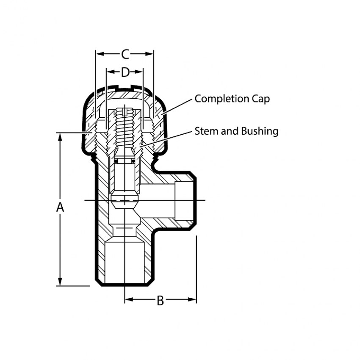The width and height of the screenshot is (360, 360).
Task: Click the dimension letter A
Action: [60, 207]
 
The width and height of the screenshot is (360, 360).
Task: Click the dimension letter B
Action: [160, 300]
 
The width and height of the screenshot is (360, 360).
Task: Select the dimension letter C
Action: [125, 54]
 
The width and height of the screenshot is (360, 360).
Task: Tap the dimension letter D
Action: [125, 72]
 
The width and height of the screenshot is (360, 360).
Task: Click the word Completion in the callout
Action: [222, 99]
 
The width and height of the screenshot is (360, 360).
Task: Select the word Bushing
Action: [260, 132]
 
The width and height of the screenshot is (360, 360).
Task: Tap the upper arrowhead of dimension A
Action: [60, 137]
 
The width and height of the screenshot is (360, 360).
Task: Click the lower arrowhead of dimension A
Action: [60, 282]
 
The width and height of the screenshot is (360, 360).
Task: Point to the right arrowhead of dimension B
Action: [192, 299]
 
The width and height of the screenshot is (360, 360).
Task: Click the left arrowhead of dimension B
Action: [129, 299]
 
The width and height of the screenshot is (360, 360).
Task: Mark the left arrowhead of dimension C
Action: [100, 54]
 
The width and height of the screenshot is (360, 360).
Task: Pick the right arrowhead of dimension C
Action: [149, 54]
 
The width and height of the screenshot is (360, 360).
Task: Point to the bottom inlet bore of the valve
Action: [125, 262]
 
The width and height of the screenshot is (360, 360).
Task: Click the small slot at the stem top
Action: [125, 112]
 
